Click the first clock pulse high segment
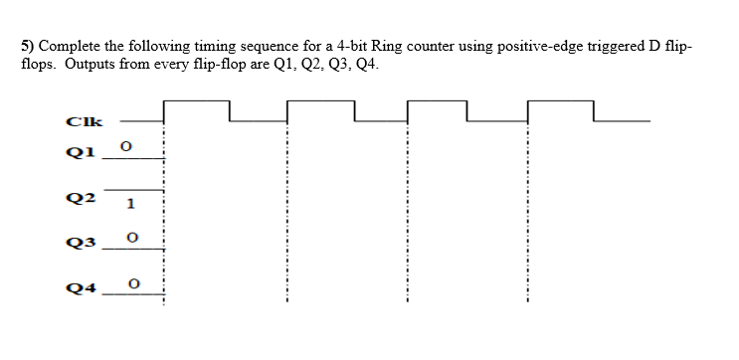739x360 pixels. coord(196,101)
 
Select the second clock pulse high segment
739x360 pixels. coord(320,101)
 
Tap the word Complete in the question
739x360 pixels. coord(72,48)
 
